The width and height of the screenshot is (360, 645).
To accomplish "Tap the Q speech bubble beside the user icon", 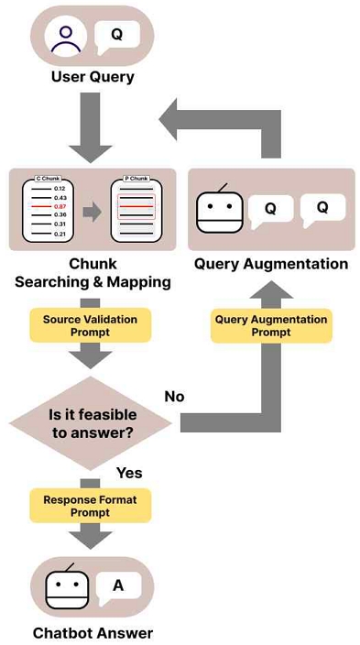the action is pyautogui.click(x=117, y=37).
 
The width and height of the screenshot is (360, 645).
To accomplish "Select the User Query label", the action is pyautogui.click(x=93, y=77).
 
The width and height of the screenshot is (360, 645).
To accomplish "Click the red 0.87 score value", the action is pyautogui.click(x=60, y=205).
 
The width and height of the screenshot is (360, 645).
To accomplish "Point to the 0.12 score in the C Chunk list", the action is pyautogui.click(x=60, y=189).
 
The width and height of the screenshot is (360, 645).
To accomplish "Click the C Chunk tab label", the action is pyautogui.click(x=48, y=179).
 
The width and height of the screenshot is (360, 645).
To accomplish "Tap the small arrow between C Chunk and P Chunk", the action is pyautogui.click(x=92, y=212).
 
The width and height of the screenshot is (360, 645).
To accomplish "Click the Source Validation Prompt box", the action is pyautogui.click(x=91, y=325).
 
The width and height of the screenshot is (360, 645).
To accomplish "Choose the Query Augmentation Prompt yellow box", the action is pyautogui.click(x=271, y=325).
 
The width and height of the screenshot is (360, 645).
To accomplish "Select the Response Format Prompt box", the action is pyautogui.click(x=91, y=506).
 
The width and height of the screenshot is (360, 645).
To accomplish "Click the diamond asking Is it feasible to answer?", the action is pyautogui.click(x=91, y=423).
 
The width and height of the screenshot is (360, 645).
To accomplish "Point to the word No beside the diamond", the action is pyautogui.click(x=174, y=397).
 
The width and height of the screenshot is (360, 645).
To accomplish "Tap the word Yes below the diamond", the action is pyautogui.click(x=129, y=473).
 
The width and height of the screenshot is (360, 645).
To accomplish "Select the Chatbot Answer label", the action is pyautogui.click(x=93, y=633).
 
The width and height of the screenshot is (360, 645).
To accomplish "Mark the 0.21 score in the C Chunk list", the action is pyautogui.click(x=60, y=234).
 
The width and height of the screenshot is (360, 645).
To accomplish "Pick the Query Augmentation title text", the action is pyautogui.click(x=271, y=264).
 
